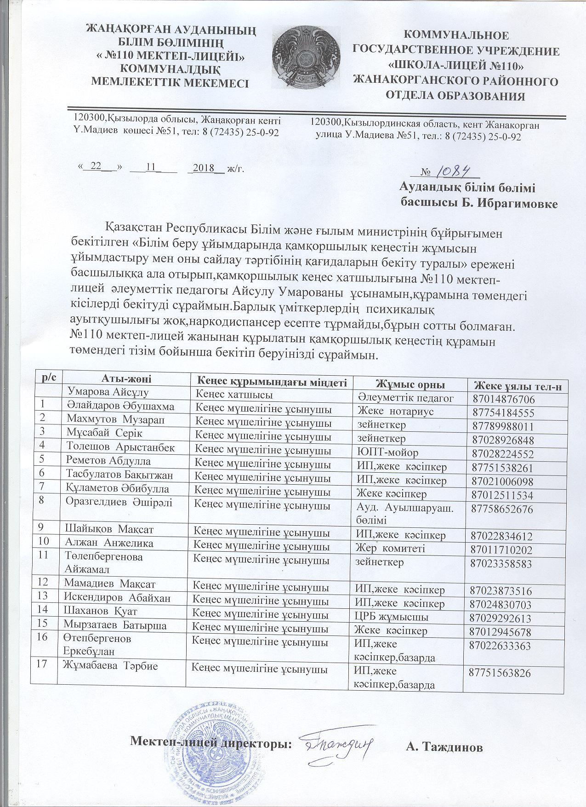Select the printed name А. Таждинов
[x=444, y=747]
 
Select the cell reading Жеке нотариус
[x=395, y=411]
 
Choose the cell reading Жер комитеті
[x=391, y=548]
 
